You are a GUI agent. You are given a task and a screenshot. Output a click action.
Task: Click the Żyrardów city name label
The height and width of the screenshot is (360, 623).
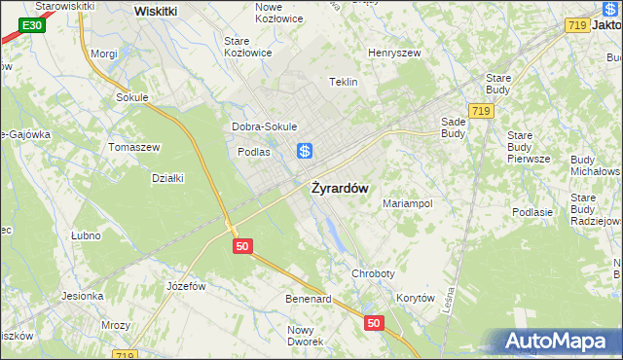(x=339, y=189)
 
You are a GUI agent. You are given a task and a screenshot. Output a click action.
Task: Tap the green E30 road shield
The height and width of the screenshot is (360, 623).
(x=31, y=24)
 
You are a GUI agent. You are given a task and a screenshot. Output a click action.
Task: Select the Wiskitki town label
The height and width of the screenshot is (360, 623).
(x=156, y=11)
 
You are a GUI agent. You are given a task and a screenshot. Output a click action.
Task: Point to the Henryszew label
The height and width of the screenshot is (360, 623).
(x=393, y=53)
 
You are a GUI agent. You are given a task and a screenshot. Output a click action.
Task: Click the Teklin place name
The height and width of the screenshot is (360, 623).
(x=345, y=82)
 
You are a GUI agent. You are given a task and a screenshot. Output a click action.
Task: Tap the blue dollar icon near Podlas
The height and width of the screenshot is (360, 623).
(x=305, y=151)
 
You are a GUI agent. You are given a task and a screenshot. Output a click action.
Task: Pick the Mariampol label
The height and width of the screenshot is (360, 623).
(x=408, y=204)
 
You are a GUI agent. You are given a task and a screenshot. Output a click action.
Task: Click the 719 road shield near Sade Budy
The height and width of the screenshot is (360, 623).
(x=479, y=112)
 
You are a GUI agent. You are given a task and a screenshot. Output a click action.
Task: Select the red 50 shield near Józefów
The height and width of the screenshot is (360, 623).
(x=243, y=247)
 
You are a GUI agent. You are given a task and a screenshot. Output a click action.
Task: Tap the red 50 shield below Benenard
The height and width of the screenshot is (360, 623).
(x=374, y=321)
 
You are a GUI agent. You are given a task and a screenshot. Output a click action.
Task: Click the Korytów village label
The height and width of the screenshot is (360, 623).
(x=415, y=299)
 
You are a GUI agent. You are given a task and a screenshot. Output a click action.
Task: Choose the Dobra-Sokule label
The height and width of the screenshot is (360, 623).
(x=264, y=126)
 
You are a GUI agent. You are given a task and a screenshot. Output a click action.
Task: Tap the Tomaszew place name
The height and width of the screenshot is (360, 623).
(x=134, y=147)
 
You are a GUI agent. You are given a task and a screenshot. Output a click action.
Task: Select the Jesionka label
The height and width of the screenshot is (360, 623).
(x=83, y=296)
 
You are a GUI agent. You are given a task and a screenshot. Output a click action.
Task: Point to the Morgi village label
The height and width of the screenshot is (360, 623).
(x=103, y=54)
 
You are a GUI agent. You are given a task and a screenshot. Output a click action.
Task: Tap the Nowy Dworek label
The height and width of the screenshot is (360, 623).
(x=306, y=336)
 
